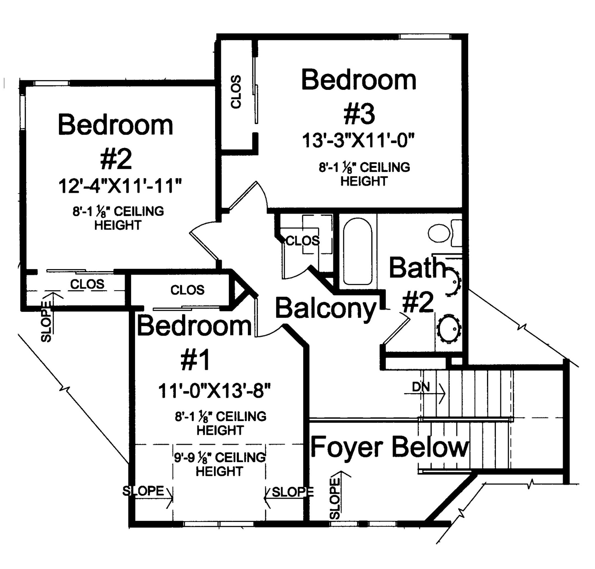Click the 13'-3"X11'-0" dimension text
coord(358,141)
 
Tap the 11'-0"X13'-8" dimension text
coord(214,391)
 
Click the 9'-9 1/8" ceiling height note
coord(220,464)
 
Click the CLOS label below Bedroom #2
coord(87,284)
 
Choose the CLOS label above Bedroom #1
coord(187,290)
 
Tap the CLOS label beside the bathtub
coord(303,241)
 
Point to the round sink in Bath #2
coord(449,329)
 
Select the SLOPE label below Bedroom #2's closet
coord(46,322)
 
